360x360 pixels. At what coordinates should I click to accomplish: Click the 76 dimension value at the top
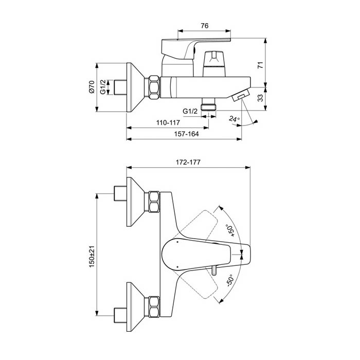[x=205, y=26]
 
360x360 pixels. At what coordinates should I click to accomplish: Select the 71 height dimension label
[x=260, y=65]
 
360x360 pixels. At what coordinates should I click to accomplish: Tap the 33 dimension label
[x=260, y=98]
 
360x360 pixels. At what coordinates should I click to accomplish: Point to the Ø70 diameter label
[x=92, y=87]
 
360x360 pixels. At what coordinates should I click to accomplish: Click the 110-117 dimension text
[x=168, y=122]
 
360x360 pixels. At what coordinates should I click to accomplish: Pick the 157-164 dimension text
[x=186, y=134]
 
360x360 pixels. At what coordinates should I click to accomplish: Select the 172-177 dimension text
[x=188, y=163]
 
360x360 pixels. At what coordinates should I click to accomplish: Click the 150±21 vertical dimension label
[x=92, y=257]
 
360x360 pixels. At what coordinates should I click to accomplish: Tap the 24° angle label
[x=234, y=119]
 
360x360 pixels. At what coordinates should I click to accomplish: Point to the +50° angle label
[x=231, y=230]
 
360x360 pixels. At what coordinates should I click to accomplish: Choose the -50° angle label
[x=230, y=280]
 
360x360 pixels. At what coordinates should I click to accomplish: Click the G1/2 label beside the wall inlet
[x=103, y=87]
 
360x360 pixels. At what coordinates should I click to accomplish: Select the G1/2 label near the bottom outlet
[x=190, y=112]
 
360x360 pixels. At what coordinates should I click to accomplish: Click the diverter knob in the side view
[x=214, y=64]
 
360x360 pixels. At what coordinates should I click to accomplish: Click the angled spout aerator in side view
[x=241, y=95]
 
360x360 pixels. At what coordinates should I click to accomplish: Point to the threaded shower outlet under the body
[x=208, y=104]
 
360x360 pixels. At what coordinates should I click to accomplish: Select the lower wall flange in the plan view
[x=135, y=307]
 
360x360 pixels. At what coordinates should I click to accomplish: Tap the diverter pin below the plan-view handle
[x=214, y=270]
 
